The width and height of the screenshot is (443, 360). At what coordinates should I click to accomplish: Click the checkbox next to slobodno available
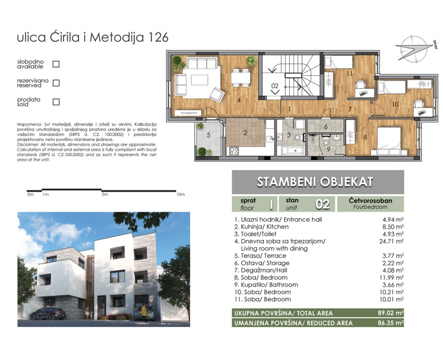[56, 64]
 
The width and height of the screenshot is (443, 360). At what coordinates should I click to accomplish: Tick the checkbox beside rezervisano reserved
[56, 83]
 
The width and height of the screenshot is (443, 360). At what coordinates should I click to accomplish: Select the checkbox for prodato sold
[56, 102]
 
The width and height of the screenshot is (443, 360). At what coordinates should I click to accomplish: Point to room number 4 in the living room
[238, 100]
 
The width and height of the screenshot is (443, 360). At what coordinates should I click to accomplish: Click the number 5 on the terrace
[208, 135]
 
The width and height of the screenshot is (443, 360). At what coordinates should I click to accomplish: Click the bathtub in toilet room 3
[289, 150]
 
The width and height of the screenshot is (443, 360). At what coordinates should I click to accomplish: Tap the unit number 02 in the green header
[322, 204]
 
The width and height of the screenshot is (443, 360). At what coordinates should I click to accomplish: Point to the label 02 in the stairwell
[275, 85]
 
